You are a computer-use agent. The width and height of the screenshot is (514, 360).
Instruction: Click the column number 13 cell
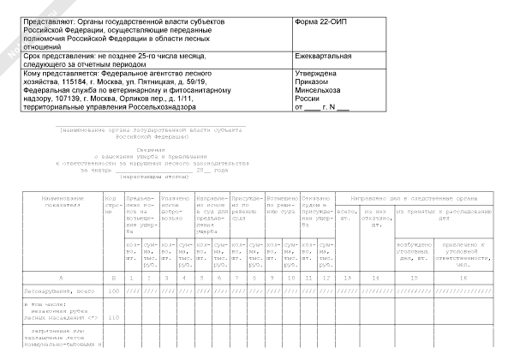(348, 279)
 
